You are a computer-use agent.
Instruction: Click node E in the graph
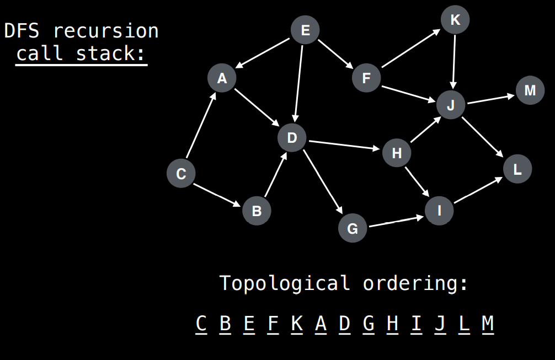305,30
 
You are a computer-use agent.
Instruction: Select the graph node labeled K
455,20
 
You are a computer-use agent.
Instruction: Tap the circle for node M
530,90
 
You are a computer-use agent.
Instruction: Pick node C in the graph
181,174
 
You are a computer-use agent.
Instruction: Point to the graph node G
353,228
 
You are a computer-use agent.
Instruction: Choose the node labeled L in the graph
517,169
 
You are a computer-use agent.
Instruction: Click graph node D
292,138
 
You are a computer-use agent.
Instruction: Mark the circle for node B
257,210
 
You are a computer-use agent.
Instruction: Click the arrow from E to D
299,83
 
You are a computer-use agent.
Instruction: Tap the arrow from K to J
453,61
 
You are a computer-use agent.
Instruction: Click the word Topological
285,283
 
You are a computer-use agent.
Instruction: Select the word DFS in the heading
23,30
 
